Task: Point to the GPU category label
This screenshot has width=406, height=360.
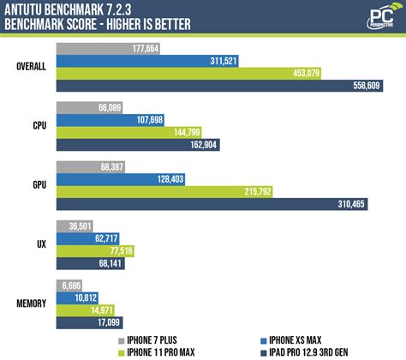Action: click(37, 186)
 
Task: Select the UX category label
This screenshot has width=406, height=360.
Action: click(40, 245)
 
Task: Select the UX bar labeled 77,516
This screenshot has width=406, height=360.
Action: click(99, 250)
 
